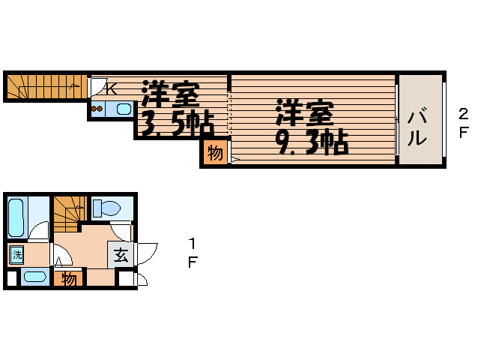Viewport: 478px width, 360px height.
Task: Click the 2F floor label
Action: pos(463,122)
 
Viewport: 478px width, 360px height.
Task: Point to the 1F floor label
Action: pos(193,253)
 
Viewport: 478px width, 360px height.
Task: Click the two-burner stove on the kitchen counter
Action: pos(96,109)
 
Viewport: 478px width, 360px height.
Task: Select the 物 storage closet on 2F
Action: pos(214,153)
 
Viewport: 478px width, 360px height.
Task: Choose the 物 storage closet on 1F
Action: pos(69,279)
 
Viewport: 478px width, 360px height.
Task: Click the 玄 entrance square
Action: pos(121,254)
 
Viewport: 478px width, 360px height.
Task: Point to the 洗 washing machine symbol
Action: pos(16,254)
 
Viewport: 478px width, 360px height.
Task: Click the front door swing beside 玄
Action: pos(148,252)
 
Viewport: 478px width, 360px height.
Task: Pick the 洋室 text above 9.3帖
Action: pos(303,114)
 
